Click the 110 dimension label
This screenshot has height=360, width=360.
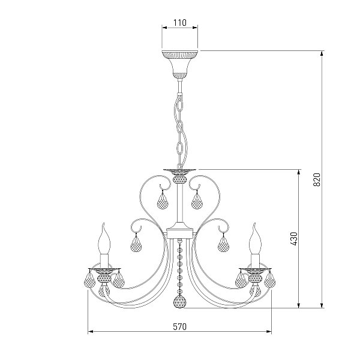click(180, 23)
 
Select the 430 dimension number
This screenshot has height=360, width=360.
click(293, 239)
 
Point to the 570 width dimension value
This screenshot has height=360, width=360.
click(179, 326)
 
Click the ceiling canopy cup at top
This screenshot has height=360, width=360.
click(180, 64)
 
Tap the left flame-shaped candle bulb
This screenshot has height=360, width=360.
click(104, 239)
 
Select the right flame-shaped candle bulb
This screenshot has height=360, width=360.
click(256, 239)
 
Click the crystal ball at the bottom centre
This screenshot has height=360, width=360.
click(180, 301)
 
